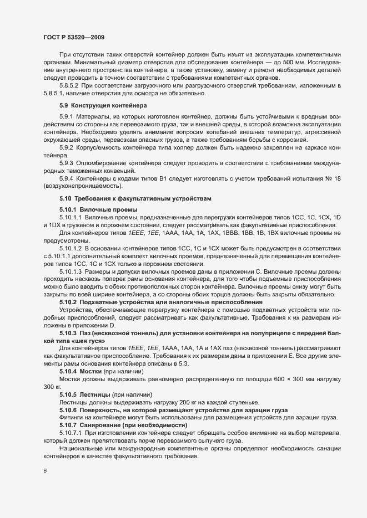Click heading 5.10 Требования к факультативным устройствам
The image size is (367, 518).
[120, 198]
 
